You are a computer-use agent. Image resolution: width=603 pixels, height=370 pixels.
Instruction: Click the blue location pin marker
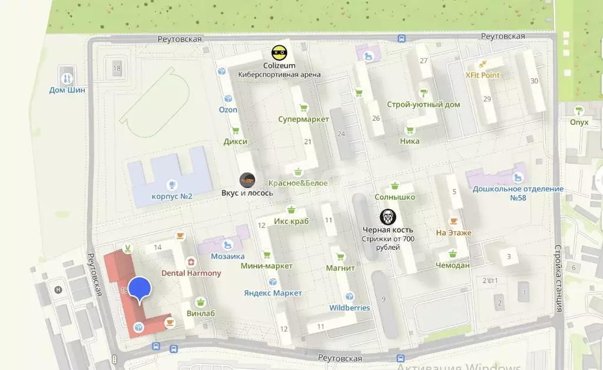[x=139, y=289]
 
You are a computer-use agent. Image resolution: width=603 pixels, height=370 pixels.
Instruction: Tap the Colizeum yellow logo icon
[x=279, y=52]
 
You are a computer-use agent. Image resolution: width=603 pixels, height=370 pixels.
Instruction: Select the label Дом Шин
[x=67, y=90]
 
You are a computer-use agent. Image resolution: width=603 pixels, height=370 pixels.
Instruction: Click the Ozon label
[x=228, y=110]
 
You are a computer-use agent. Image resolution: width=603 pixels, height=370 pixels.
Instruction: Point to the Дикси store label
[x=235, y=141]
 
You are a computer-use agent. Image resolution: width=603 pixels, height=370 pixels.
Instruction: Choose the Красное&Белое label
[x=298, y=183]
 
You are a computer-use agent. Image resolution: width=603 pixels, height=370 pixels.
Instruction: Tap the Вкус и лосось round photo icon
[x=247, y=180]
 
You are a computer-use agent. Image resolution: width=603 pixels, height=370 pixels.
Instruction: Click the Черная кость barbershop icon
[x=387, y=217]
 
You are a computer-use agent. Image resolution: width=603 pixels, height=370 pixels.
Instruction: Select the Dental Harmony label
[x=191, y=273]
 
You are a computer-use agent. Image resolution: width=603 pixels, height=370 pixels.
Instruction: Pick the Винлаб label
[x=200, y=313]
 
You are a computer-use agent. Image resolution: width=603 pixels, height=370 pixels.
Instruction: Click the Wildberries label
[x=350, y=308]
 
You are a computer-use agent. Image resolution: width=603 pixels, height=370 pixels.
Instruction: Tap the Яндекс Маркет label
[x=273, y=293]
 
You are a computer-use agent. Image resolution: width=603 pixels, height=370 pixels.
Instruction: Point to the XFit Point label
[x=482, y=75]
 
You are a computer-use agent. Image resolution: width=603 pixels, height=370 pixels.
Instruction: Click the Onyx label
[x=579, y=122]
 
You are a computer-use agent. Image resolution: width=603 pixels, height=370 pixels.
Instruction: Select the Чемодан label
[x=452, y=265]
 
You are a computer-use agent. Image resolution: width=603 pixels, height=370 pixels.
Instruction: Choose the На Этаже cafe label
[x=453, y=233]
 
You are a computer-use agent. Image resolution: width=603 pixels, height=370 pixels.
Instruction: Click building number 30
[x=534, y=81]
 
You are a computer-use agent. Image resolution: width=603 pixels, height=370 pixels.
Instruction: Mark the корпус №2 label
[x=172, y=196]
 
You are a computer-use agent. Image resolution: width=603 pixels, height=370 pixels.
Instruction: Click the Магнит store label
[x=340, y=268]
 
